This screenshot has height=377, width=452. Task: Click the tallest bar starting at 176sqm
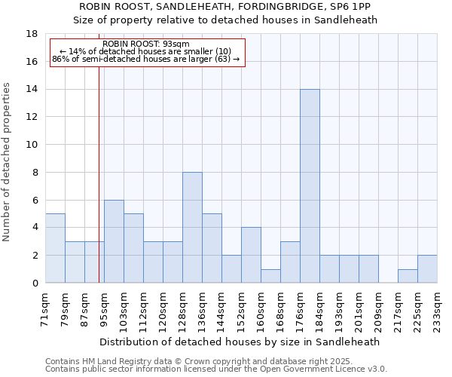pyautogui.click(x=310, y=186)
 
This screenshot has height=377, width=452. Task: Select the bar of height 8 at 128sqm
pyautogui.click(x=192, y=228)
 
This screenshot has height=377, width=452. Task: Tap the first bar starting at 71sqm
pyautogui.click(x=55, y=248)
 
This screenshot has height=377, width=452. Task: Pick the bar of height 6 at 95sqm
pyautogui.click(x=114, y=241)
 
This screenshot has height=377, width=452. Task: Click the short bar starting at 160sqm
pyautogui.click(x=270, y=276)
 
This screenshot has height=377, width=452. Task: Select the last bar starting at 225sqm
pyautogui.click(x=427, y=269)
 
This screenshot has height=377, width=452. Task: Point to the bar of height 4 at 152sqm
pyautogui.click(x=251, y=255)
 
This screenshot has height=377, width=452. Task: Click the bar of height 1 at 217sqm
pyautogui.click(x=408, y=276)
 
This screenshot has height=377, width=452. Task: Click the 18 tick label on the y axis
pyautogui.click(x=32, y=34)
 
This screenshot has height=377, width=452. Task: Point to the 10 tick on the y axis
pyautogui.click(x=32, y=145)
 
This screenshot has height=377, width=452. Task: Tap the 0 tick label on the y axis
pyautogui.click(x=35, y=283)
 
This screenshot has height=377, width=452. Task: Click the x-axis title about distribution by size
pyautogui.click(x=239, y=342)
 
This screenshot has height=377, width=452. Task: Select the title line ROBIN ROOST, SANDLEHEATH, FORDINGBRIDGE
pyautogui.click(x=225, y=7)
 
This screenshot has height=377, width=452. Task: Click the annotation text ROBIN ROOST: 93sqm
pyautogui.click(x=146, y=44)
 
